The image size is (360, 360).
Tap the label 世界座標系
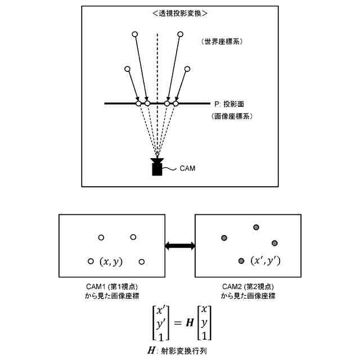[224, 42]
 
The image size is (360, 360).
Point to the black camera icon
[157, 167]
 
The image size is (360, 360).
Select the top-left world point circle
[134, 35]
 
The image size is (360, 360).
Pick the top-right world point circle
[181, 35]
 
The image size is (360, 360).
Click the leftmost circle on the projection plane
[138, 103]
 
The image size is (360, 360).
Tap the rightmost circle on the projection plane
[176, 103]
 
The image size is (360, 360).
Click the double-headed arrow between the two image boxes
[179, 246]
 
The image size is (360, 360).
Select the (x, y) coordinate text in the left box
[111, 262]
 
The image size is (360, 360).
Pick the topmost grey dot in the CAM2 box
[256, 227]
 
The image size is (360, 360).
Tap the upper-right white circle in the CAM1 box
[133, 238]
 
